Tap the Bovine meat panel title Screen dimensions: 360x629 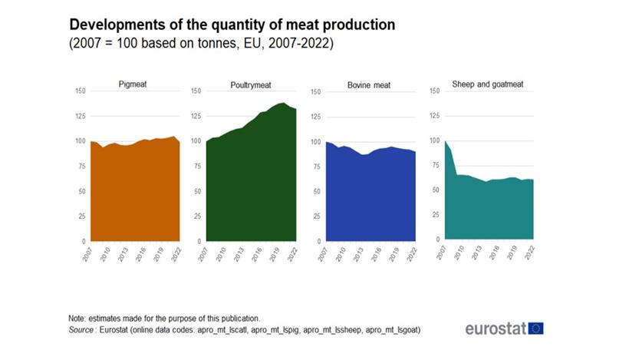coord(370,85)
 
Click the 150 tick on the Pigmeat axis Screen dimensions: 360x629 coord(80,91)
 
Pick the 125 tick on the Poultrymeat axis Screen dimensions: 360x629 coord(196,116)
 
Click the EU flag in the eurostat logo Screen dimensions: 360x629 coord(535,329)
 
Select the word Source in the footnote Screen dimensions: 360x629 coord(82,329)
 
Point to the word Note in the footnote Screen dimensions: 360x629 coord(77,318)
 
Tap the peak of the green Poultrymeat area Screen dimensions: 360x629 coord(283,103)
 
